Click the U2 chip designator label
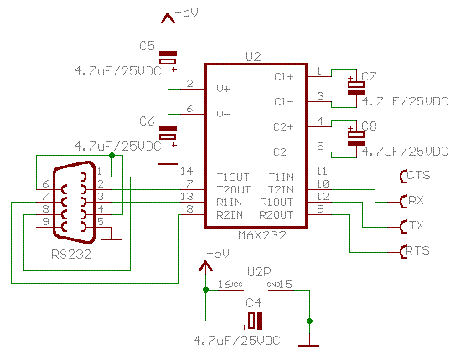click(x=253, y=57)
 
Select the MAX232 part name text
click(x=262, y=235)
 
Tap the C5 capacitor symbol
click(x=168, y=59)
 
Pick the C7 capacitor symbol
click(x=356, y=85)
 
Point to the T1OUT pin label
click(x=232, y=177)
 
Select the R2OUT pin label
click(x=277, y=214)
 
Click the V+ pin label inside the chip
click(x=223, y=89)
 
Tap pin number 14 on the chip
click(x=187, y=171)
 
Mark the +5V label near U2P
click(x=217, y=254)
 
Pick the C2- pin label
click(x=283, y=152)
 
